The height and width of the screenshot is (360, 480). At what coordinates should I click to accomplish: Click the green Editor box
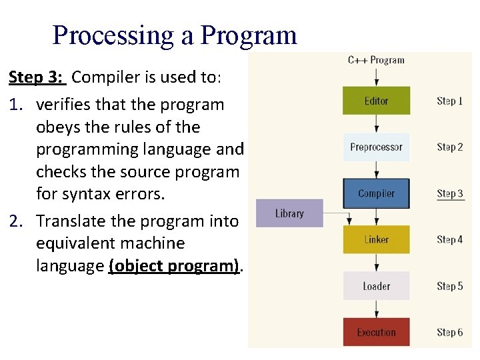(x=376, y=101)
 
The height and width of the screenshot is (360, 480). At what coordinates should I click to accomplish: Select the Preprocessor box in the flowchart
(x=376, y=147)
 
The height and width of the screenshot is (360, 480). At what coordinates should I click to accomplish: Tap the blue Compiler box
(x=376, y=193)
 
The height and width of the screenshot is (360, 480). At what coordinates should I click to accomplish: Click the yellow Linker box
(x=376, y=239)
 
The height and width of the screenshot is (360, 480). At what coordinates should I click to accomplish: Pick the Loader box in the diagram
(x=376, y=286)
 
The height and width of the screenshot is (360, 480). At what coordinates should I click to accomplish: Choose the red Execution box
(x=376, y=332)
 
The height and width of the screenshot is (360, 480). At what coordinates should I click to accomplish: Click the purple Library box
(x=289, y=213)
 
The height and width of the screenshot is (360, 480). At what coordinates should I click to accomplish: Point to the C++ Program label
(x=376, y=60)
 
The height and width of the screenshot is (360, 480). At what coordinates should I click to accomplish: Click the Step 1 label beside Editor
(x=450, y=101)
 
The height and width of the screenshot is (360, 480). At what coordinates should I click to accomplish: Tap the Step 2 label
(x=450, y=147)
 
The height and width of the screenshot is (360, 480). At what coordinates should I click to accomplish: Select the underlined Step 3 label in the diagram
(x=450, y=193)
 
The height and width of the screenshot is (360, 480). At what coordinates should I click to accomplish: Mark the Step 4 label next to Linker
(x=450, y=239)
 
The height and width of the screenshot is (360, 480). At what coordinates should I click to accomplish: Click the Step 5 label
(x=450, y=286)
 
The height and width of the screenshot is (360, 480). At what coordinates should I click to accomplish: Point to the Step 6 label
(x=450, y=332)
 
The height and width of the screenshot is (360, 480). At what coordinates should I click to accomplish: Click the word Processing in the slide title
(x=113, y=35)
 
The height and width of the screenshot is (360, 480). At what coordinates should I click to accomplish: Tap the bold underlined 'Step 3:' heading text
(x=37, y=77)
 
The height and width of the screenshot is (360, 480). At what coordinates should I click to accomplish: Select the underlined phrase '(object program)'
(x=174, y=266)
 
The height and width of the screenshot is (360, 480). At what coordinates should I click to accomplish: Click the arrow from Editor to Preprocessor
(x=377, y=123)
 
